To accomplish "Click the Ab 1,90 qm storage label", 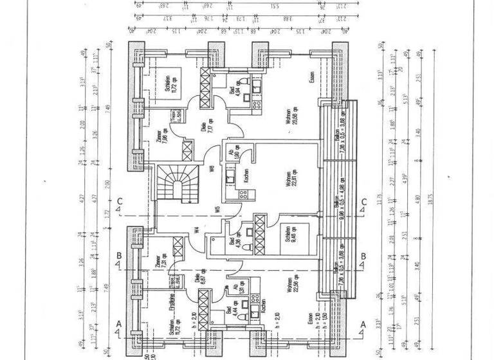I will coord(233,156).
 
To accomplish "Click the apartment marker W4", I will coord(197,230).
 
